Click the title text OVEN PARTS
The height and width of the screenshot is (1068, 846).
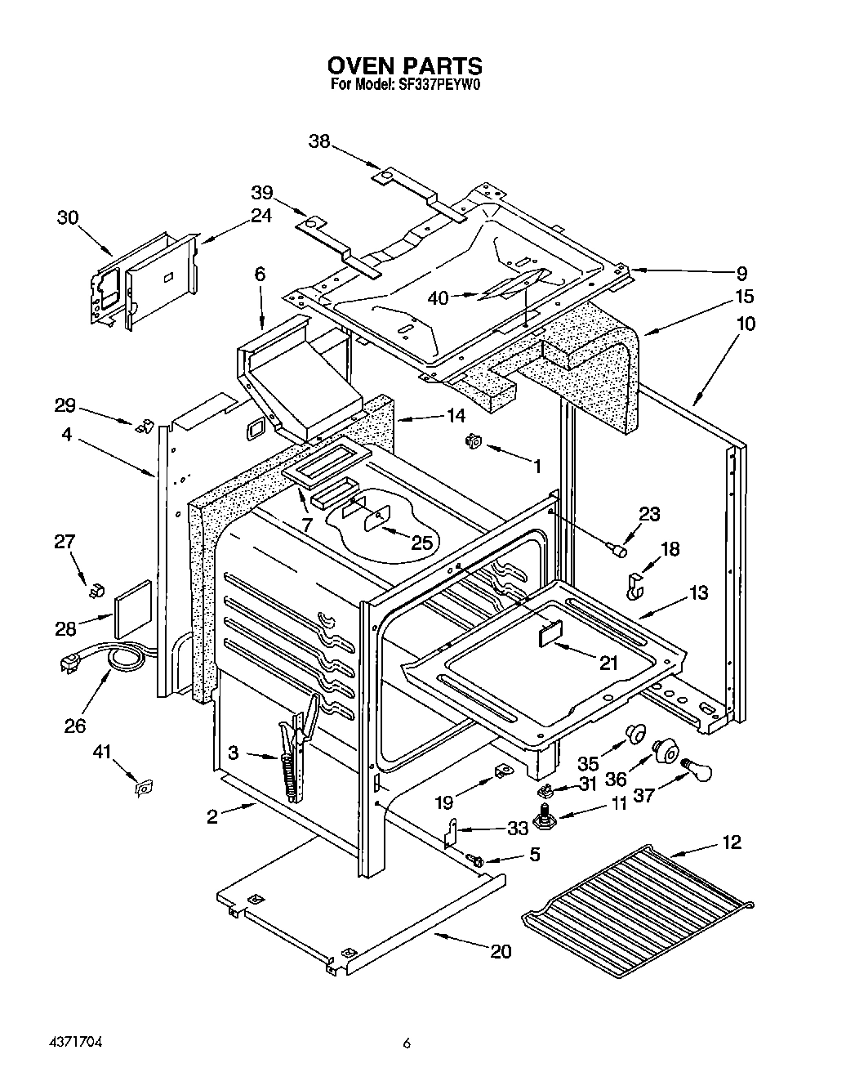[404, 65]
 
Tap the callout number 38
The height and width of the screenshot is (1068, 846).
[319, 141]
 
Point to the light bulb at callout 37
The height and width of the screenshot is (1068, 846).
[697, 768]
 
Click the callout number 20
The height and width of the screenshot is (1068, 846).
[501, 951]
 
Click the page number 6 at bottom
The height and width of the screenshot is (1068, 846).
[405, 1043]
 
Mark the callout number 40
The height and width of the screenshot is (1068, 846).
[439, 298]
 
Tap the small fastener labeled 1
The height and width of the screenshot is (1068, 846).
[472, 442]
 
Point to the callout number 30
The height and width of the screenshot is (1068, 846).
[68, 217]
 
